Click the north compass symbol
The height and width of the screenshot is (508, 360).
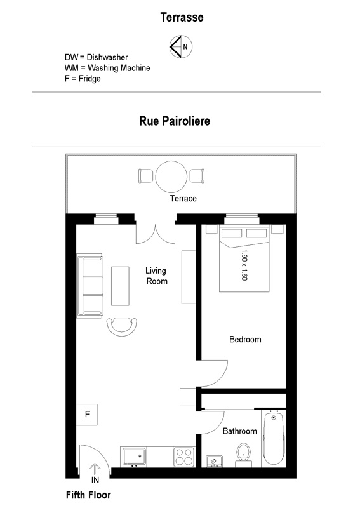pos(181,46)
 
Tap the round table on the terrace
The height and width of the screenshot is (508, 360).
pos(171,177)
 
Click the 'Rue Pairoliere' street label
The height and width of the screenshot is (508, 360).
pos(175,121)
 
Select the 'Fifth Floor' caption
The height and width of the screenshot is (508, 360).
pos(88,495)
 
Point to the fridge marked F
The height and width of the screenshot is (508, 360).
pos(87,415)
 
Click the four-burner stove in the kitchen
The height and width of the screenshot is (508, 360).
pos(184,457)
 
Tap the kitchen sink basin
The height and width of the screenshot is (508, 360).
pos(135,456)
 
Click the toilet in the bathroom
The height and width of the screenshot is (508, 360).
pos(243,455)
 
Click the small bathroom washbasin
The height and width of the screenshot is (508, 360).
pos(214,462)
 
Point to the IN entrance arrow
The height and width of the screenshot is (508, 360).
pos(95,469)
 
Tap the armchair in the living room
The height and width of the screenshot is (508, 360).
pos(122,326)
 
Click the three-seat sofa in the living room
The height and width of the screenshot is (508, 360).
pos(90,286)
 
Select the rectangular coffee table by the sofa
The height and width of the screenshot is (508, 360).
pos(120,286)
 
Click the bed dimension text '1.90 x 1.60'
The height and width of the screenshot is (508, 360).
pos(244,265)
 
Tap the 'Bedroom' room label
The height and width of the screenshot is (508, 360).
pos(245,340)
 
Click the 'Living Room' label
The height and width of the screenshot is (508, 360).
pos(156,276)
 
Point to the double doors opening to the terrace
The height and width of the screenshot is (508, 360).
pos(156,233)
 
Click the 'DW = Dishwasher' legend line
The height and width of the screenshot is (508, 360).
pos(97,57)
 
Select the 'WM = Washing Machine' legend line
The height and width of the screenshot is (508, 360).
pos(107,68)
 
